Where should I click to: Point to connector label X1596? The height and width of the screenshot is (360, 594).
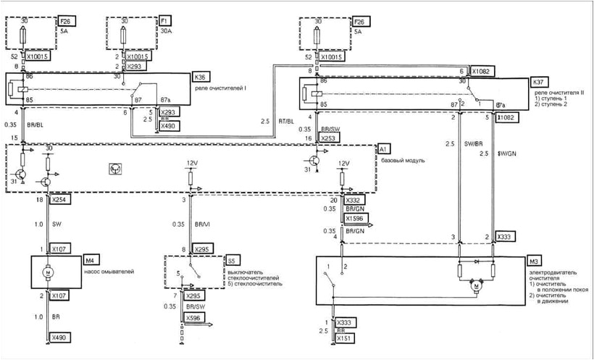pyautogui.click(x=355, y=217)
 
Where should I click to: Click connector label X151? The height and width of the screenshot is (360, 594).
pyautogui.click(x=344, y=338)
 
